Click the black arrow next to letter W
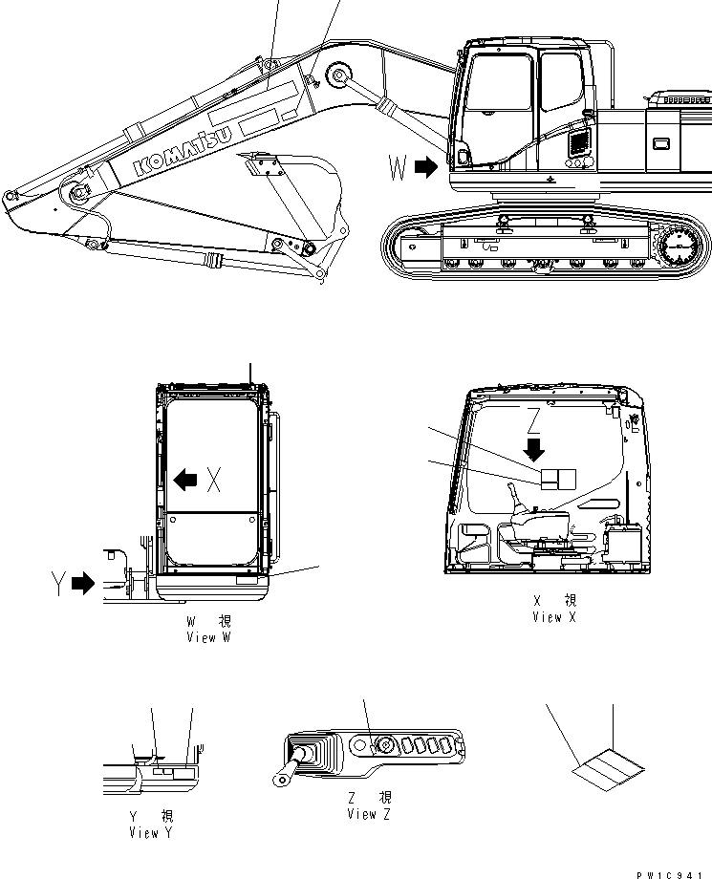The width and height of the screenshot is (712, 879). click(x=427, y=169)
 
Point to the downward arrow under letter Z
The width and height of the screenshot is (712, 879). click(x=534, y=448)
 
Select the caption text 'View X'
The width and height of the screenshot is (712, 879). click(x=554, y=617)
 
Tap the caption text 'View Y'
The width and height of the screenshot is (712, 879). click(x=150, y=832)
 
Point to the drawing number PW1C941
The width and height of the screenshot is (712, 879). click(x=674, y=871)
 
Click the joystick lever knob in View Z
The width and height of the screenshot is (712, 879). click(x=299, y=754)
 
